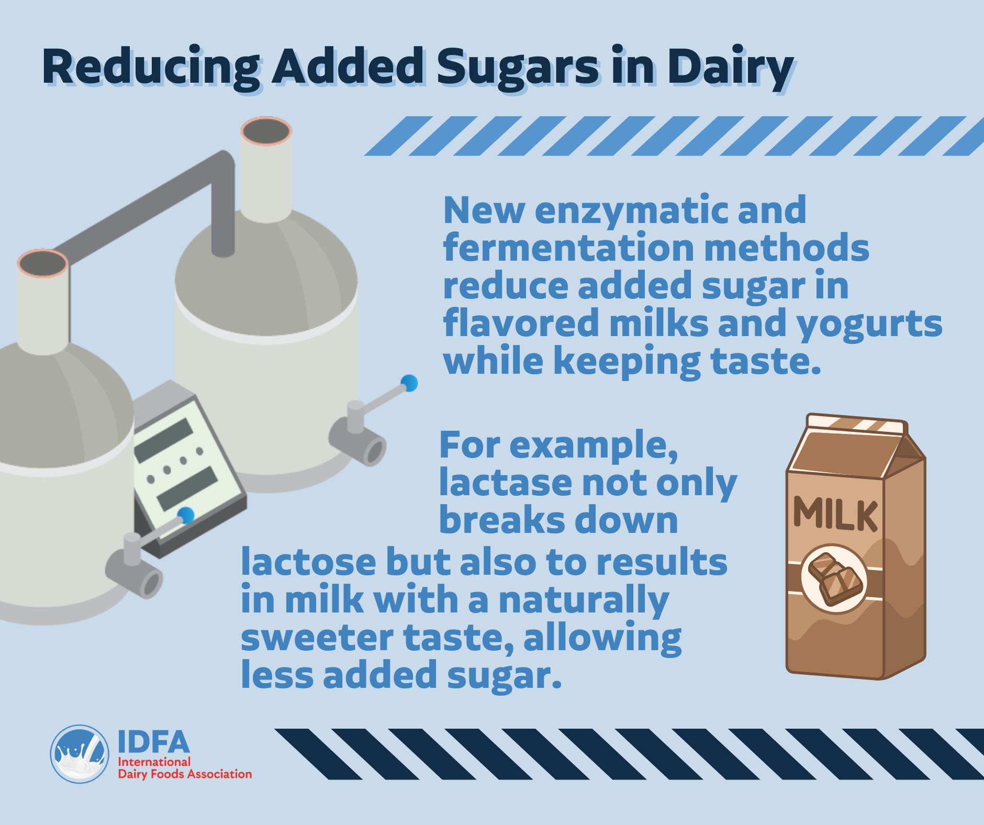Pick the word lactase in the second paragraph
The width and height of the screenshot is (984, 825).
(506, 482)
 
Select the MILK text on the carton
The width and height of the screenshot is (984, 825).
(835, 514)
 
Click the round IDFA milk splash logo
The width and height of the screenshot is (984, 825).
(80, 754)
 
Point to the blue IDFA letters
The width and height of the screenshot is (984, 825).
(153, 742)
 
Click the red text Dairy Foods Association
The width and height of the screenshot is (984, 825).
(185, 774)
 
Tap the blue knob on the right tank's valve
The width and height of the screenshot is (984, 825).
(409, 383)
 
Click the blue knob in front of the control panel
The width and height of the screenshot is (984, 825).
(185, 516)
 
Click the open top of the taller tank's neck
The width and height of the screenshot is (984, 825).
(266, 131)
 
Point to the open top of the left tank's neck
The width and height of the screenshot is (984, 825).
(42, 263)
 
